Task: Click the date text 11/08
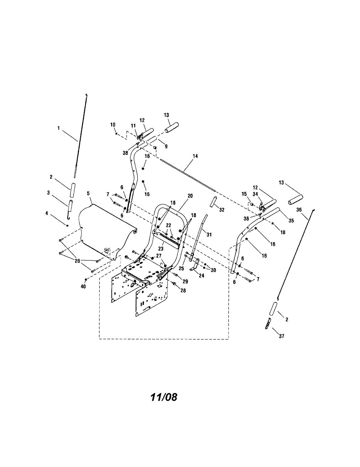click(164, 397)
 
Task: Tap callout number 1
click(59, 127)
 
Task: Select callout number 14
click(195, 156)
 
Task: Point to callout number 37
click(281, 336)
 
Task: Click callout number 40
click(83, 286)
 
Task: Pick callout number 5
click(88, 193)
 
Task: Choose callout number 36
click(299, 209)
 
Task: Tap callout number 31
click(209, 234)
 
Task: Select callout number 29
click(186, 281)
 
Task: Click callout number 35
click(291, 220)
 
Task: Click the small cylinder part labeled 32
click(213, 202)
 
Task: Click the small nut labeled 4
click(67, 225)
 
